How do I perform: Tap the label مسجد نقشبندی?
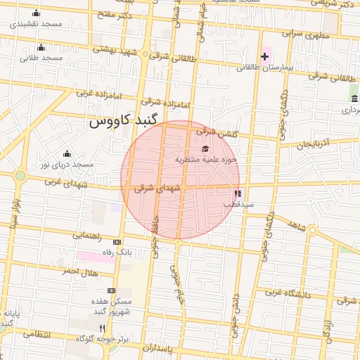tap(37, 24)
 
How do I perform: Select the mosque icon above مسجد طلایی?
tap(41, 48)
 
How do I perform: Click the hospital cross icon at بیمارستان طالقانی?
tap(264, 56)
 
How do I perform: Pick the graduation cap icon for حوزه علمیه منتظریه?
tap(205, 148)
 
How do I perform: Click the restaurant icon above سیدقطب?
tap(238, 193)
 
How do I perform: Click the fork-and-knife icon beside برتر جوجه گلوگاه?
tap(102, 328)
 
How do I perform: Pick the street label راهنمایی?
tap(87, 236)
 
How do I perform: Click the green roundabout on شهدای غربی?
tap(21, 176)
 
